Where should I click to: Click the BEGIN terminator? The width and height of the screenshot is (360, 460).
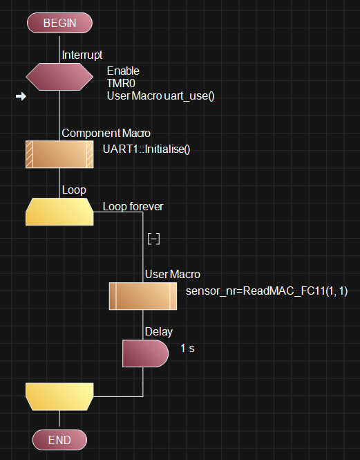coord(59,23)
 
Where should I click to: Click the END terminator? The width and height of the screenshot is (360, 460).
coord(59,440)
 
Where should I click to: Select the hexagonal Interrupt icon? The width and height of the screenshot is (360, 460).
coord(59,77)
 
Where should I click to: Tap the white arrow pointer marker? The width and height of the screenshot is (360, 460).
coord(21,96)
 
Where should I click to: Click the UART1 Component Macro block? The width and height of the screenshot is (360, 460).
coord(59,154)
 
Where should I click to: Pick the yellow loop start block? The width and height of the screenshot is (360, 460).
coord(59,212)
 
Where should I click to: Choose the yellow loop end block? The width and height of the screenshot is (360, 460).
coord(59,396)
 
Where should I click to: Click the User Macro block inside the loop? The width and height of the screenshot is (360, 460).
coord(143,296)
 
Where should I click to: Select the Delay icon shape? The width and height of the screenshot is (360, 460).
coord(145,353)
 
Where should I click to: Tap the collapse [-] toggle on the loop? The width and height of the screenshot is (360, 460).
coord(153,239)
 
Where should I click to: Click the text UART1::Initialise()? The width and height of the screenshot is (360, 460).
coord(146,149)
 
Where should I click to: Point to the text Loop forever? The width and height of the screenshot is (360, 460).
coord(133,207)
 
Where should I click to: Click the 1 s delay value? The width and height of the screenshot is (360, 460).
coord(187,349)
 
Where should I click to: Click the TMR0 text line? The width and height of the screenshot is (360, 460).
coord(121,83)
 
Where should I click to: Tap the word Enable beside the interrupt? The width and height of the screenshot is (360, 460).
coord(123,71)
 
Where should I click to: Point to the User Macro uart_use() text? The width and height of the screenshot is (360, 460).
coord(160,96)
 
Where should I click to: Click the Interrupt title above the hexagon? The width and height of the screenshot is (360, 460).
coord(82,55)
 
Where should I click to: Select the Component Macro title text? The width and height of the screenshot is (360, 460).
coord(106,134)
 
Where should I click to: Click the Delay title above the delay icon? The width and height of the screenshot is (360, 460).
coord(159,332)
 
